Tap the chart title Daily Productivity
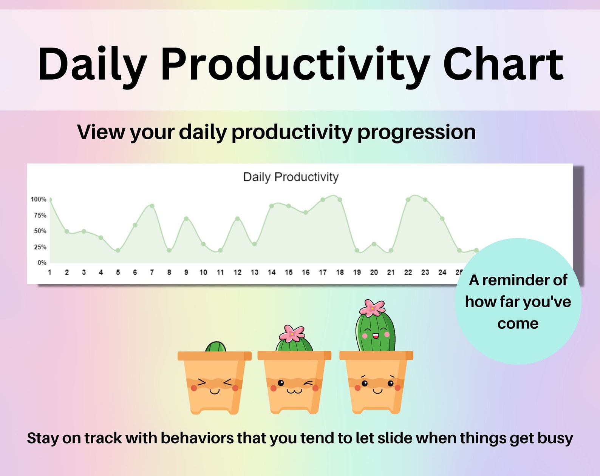point(291,177)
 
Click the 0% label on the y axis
point(42,263)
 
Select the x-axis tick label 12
point(237,272)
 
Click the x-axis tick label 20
point(374,272)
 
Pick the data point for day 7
point(152,206)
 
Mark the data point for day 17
point(323,200)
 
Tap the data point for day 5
point(118,250)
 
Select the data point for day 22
point(408,200)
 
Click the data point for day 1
point(50,200)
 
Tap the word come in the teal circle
point(518,323)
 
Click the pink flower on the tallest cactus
point(372,308)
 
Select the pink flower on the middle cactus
point(292,333)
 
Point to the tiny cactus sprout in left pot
point(215,347)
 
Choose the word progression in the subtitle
point(416,132)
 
